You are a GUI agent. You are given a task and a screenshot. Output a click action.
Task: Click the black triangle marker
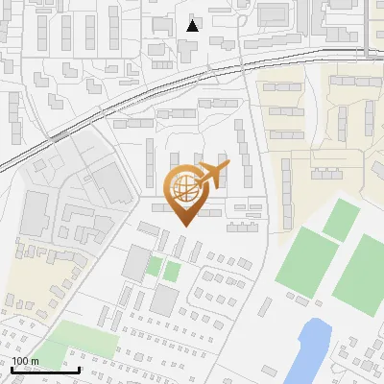coord(193,26)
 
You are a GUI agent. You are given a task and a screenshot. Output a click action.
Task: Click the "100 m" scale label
coord(26,361)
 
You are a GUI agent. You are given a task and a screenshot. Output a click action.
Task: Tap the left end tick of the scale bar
coord(12,369)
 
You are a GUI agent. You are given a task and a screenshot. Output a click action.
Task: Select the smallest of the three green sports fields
coord(341,220)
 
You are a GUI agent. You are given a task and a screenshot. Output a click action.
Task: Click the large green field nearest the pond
coord(309,262)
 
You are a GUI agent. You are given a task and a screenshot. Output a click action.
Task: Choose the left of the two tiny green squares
coord(155,265)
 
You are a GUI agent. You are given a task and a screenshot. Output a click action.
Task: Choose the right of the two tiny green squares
coord(171,271)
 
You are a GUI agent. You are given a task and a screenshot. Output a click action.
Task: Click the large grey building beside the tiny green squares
coord(133,260)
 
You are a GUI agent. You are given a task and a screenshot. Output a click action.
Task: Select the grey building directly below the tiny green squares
coord(163,301)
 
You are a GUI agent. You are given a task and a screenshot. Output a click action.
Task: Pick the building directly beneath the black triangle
coord(190,48)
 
